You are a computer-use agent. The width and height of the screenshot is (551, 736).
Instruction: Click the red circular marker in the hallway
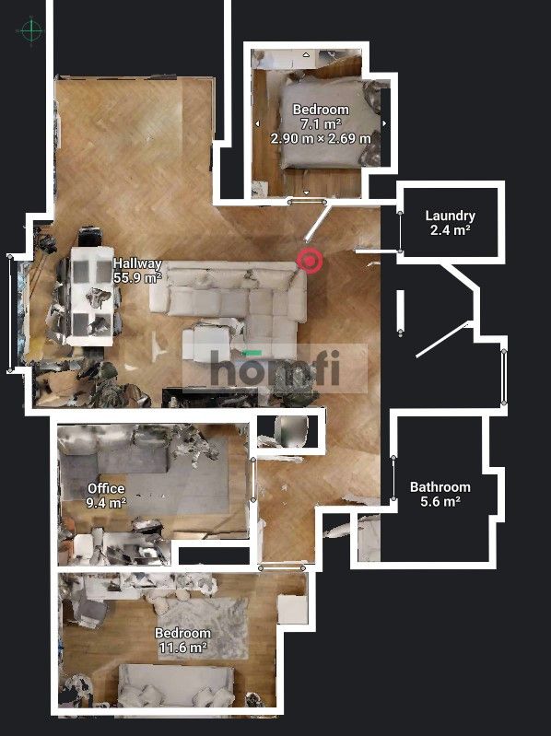[x=311, y=261]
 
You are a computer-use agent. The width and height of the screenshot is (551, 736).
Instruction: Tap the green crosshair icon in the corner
[x=32, y=31]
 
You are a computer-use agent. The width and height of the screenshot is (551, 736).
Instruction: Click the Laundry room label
[x=450, y=216]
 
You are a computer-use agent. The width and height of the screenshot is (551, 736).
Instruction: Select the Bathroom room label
[x=440, y=487]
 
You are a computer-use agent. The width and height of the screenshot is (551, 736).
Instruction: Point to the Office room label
[x=106, y=488]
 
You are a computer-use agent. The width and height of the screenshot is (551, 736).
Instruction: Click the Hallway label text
[x=137, y=263]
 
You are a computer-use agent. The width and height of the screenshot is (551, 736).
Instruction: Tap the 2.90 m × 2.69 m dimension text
[x=321, y=138]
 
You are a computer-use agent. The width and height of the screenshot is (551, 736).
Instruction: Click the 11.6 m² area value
[x=182, y=648]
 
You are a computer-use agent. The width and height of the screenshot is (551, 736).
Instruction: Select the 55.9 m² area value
[x=137, y=276]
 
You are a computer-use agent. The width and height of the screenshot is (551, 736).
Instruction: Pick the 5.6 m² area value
[x=440, y=502]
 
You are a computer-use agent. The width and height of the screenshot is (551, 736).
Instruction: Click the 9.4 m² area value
[x=106, y=503]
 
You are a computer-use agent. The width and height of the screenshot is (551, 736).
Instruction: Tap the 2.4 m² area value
[x=450, y=230]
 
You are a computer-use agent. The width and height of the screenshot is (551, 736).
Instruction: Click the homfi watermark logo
[x=275, y=369]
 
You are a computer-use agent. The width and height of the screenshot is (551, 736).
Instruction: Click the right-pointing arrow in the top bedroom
[x=384, y=123]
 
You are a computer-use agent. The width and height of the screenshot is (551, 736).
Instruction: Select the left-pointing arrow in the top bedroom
[x=257, y=123]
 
